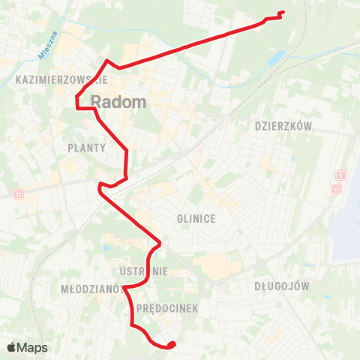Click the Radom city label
click(x=118, y=103)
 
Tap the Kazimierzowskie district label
click(x=62, y=79)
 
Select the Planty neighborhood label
click(x=85, y=148)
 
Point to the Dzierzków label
click(x=283, y=127)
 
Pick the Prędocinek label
click(x=157, y=308)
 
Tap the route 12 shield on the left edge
click(x=18, y=193)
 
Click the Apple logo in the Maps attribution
click(x=12, y=347)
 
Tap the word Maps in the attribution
click(x=33, y=347)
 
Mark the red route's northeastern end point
click(x=282, y=12)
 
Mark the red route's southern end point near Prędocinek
click(x=172, y=344)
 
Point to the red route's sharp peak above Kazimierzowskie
click(x=108, y=61)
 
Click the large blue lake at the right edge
click(x=346, y=225)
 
